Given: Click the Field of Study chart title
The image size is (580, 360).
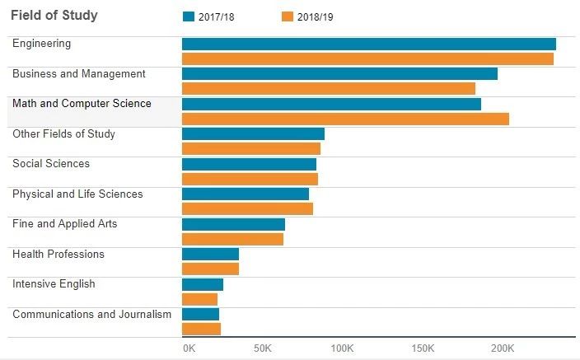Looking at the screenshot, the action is (x=54, y=16).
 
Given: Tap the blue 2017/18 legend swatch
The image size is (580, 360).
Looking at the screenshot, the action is (x=189, y=16).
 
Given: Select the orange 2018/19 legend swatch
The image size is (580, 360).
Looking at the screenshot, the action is (x=288, y=16).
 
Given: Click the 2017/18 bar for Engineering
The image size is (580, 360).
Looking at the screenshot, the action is (x=369, y=44).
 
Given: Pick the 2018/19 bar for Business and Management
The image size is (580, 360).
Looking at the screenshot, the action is (x=329, y=89).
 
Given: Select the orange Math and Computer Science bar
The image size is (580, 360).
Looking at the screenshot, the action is (x=345, y=119).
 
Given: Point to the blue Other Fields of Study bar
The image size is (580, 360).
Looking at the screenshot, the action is (x=253, y=134).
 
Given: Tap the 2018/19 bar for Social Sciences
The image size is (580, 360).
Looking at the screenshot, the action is (x=250, y=179).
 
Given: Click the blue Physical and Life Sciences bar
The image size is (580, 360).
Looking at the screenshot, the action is (x=246, y=194).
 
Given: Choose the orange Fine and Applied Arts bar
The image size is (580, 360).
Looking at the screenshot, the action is (x=232, y=239).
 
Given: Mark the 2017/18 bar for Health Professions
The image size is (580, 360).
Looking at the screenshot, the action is (x=210, y=255).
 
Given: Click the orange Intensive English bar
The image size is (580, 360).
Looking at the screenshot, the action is (x=199, y=299).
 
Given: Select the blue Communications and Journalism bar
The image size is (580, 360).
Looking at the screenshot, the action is (x=200, y=315).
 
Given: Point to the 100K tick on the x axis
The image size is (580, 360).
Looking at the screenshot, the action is (x=342, y=348).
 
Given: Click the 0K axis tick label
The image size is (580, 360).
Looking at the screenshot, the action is (x=189, y=348).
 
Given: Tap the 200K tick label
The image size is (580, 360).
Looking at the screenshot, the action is (x=503, y=348).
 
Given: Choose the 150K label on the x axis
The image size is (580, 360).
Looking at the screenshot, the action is (x=423, y=348).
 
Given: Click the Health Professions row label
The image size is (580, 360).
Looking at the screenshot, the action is (x=58, y=255).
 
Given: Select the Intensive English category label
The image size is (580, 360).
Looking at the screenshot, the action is (x=54, y=284).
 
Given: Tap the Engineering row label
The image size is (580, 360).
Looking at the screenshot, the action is (x=42, y=44).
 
